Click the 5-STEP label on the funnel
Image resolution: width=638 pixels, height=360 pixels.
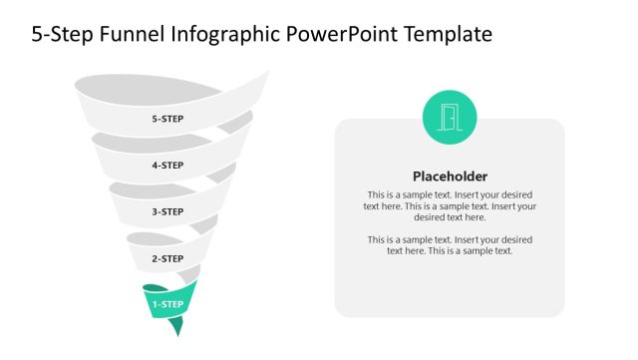pyautogui.click(x=167, y=119)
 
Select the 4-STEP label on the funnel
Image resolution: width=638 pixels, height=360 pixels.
pyautogui.click(x=167, y=166)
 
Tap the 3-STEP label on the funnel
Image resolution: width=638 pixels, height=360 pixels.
pyautogui.click(x=167, y=211)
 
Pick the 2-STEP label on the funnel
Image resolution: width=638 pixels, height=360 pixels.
pyautogui.click(x=167, y=258)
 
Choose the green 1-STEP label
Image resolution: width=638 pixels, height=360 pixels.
pyautogui.click(x=167, y=304)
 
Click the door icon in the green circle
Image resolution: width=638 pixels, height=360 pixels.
pyautogui.click(x=450, y=118)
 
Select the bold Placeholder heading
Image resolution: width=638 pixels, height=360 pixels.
pyautogui.click(x=450, y=176)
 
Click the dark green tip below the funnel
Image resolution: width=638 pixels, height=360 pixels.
pyautogui.click(x=176, y=327)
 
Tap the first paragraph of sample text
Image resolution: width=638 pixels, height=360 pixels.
pyautogui.click(x=450, y=205)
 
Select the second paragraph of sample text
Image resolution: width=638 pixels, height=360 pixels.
pyautogui.click(x=450, y=245)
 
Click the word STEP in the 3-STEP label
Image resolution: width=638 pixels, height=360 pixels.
pyautogui.click(x=172, y=211)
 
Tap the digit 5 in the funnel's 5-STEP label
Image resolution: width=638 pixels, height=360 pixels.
pyautogui.click(x=155, y=119)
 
